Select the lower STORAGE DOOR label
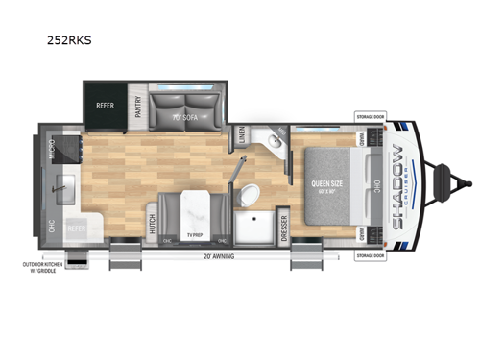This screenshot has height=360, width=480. [370, 255]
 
